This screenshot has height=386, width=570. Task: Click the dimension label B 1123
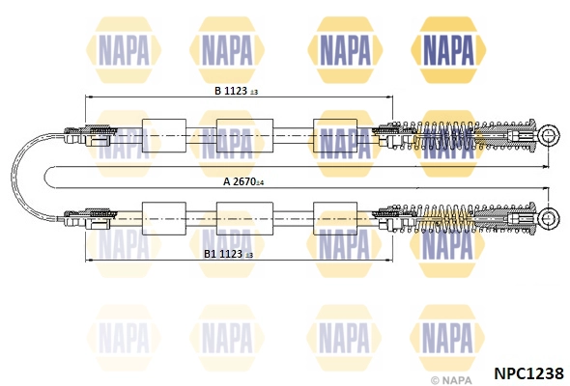pos(231,91)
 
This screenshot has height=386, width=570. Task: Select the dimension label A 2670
pos(240,181)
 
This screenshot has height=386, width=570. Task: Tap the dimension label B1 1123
pos(223,254)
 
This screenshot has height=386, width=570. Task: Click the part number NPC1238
pos(528,372)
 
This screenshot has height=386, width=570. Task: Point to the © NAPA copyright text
pos(451,380)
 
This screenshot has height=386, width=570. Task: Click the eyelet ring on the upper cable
pos(548,135)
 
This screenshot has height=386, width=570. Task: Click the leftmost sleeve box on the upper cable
pos(164,135)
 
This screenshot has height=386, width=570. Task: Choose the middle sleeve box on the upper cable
pos(244,135)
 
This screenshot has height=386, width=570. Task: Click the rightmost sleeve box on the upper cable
pos(335,135)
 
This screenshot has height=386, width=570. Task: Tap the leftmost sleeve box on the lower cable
pos(164,219)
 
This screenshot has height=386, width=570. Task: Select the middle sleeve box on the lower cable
pos(244,219)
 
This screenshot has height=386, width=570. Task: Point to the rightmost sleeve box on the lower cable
pos(335,219)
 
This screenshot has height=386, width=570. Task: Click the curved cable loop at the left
pos(12,178)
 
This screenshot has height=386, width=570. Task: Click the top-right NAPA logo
pos(448,50)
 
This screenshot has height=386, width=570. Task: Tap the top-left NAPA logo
pos(124,50)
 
